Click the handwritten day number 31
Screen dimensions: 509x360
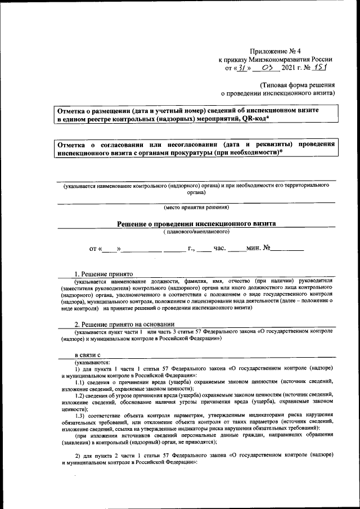240,68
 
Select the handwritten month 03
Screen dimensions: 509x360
267,68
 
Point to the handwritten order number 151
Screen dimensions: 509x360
322,67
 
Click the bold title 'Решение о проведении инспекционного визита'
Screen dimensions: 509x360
196,223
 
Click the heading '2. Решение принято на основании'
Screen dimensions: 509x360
125,325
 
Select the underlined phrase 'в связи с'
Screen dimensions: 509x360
88,355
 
